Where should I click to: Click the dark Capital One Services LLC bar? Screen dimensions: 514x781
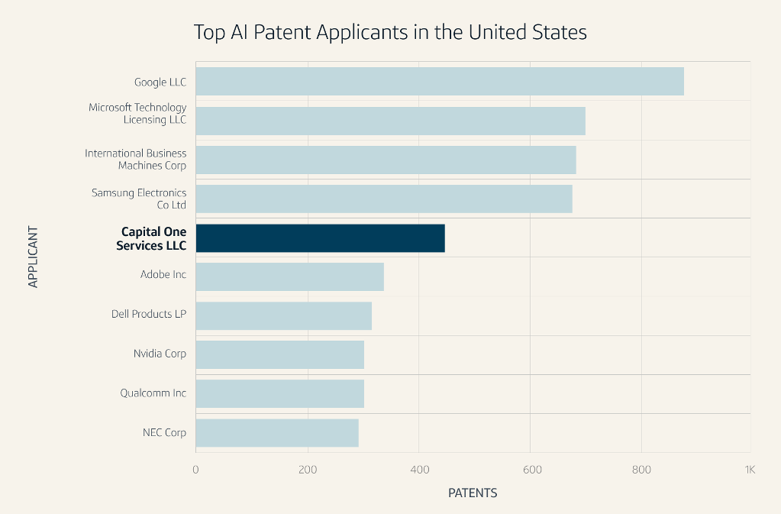[320, 238]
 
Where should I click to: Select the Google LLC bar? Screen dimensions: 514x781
[440, 82]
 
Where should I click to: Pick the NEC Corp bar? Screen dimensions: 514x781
[277, 433]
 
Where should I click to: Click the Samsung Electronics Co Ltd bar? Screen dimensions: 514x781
[384, 199]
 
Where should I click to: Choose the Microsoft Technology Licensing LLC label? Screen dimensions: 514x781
[137, 114]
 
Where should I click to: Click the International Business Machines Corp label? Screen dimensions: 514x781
[136, 160]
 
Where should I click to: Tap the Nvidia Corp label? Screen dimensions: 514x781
[160, 354]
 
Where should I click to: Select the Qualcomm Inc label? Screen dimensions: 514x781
[153, 393]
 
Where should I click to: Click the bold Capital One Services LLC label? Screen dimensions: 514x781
[153, 238]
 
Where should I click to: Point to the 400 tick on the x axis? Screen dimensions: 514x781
[418, 470]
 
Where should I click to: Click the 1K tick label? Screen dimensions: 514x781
[749, 470]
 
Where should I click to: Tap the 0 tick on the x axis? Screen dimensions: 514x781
[196, 470]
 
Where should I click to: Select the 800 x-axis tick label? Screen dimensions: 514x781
[641, 470]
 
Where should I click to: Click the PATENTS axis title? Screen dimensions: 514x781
[473, 493]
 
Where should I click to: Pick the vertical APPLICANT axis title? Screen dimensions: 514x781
[33, 257]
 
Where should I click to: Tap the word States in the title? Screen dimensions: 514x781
[560, 33]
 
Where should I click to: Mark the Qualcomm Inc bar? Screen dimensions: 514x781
[279, 394]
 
